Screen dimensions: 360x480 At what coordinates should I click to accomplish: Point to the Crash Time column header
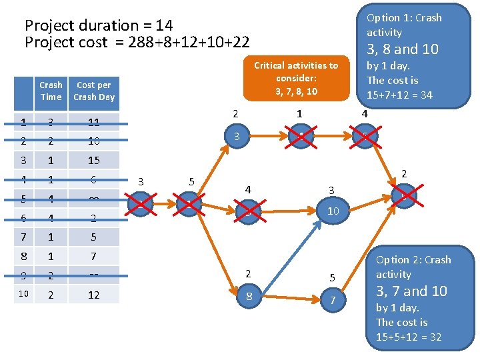coord(51,91)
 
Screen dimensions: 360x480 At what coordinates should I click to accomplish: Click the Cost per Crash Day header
coord(94,91)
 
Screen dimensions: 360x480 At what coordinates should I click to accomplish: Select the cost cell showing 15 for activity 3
coord(94,160)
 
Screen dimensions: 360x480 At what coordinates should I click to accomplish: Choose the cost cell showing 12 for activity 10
coord(94,294)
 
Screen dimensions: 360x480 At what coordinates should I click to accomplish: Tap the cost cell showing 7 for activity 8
coord(94,256)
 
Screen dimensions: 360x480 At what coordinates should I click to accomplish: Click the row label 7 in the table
coord(23,237)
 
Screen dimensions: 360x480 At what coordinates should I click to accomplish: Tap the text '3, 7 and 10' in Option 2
coord(411,291)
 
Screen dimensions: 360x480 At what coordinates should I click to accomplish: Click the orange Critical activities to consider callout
coord(295,78)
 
